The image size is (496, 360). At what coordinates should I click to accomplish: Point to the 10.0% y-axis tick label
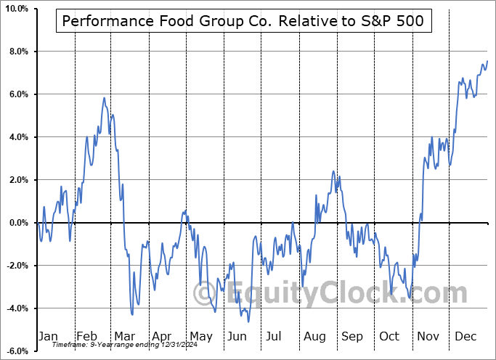pyautogui.click(x=15, y=9)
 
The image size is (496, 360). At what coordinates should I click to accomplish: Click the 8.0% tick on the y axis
pyautogui.click(x=17, y=52)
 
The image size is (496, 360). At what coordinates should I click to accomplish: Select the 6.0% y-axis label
pyautogui.click(x=17, y=94)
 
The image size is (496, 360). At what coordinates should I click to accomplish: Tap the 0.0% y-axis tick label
pyautogui.click(x=17, y=223)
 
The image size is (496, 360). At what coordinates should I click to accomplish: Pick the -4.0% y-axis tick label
pyautogui.click(x=16, y=308)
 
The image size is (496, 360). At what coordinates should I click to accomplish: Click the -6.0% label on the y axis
pyautogui.click(x=16, y=351)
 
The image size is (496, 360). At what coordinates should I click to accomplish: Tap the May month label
pyautogui.click(x=201, y=337)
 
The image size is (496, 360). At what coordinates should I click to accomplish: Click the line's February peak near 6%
pyautogui.click(x=105, y=98)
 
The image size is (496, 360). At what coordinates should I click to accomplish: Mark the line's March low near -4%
pyautogui.click(x=132, y=314)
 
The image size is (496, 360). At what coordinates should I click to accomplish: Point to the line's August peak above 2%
pyautogui.click(x=333, y=171)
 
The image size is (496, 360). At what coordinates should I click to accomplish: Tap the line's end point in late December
pyautogui.click(x=487, y=61)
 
